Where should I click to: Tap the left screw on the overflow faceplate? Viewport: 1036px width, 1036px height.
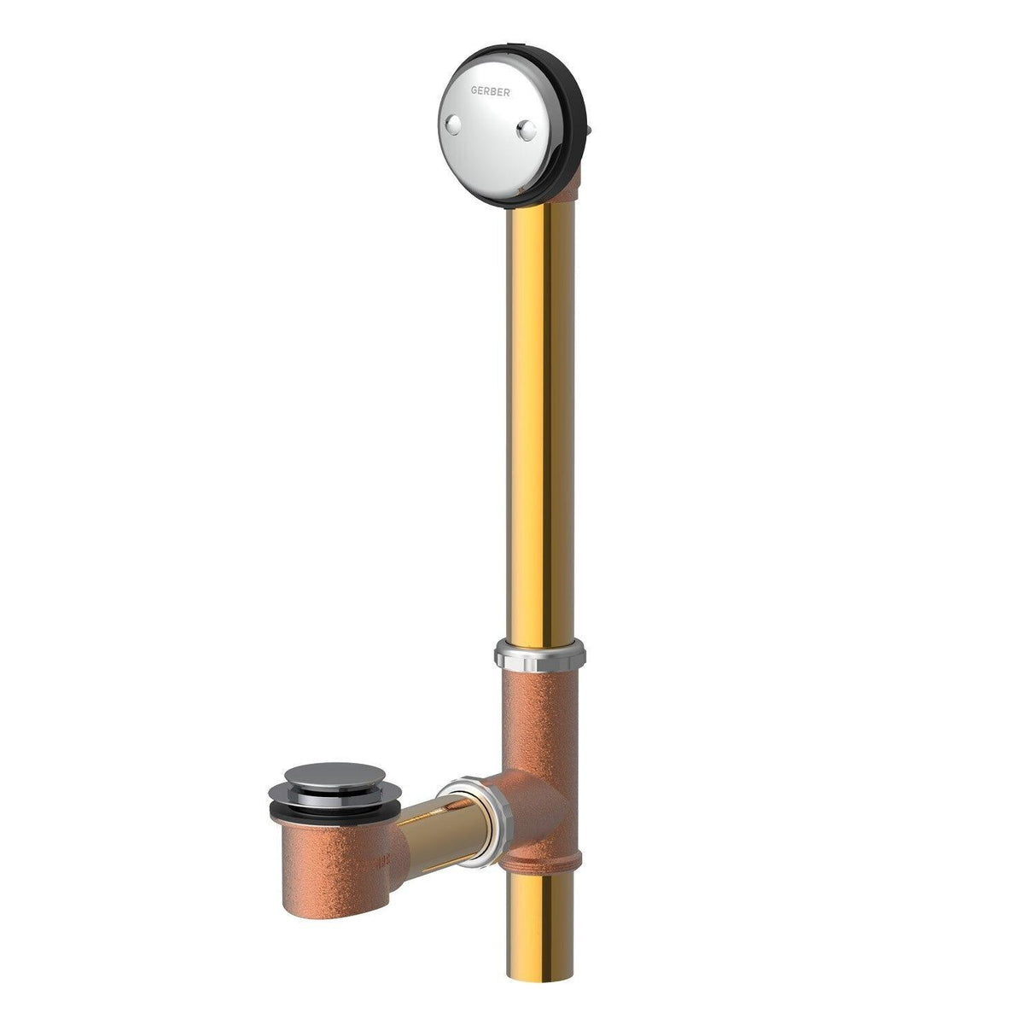coord(455,126)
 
